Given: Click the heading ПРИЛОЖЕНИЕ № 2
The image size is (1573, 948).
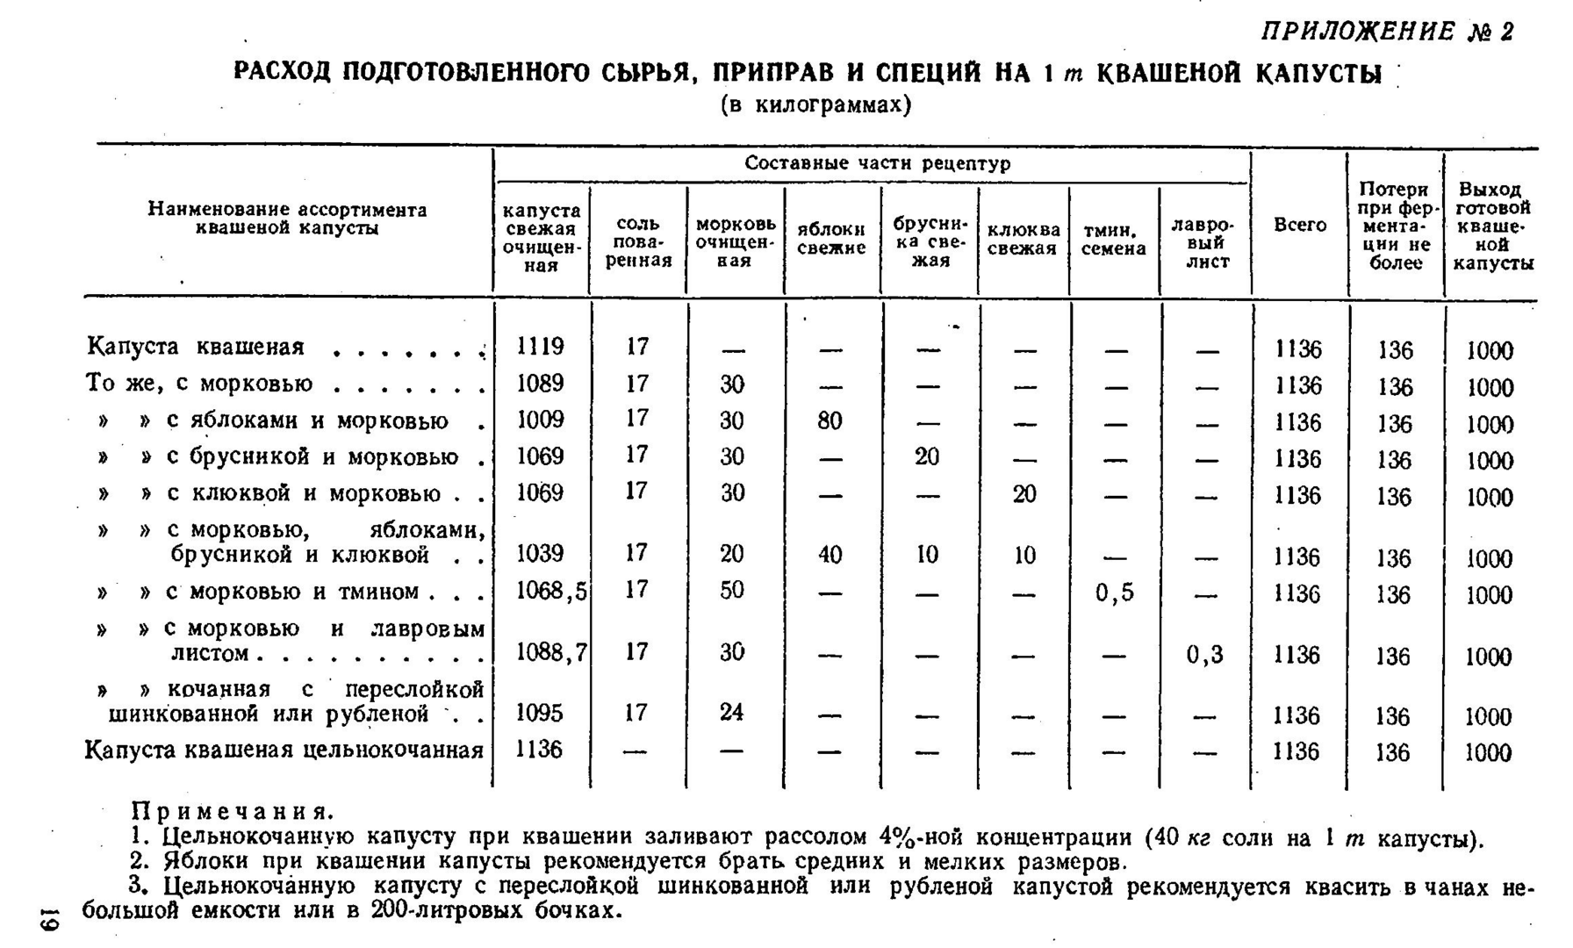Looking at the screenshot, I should pos(1387,32).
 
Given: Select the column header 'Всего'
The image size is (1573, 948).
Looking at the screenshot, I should pos(1300,225).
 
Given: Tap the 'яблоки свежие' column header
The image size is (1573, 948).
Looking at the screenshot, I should pos(830,238).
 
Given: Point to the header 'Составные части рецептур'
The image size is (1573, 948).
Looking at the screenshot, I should pos(877,163).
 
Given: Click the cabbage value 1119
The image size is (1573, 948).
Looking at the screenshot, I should pos(540,347).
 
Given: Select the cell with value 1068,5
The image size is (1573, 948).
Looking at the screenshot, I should pos(550,591).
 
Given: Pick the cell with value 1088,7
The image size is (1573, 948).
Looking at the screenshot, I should pos(550,652).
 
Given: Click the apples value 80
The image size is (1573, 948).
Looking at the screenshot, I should pos(830,420).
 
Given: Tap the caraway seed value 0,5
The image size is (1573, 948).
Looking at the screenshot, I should pos(1115,593).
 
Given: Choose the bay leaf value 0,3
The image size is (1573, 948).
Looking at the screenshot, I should pos(1204,655).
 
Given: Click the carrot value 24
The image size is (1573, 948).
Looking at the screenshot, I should pos(731,712).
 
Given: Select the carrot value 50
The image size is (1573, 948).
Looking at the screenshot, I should pos(731,590).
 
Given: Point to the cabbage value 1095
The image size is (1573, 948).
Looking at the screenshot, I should pos(539,713).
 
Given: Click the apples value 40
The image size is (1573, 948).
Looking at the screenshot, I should pos(830,555).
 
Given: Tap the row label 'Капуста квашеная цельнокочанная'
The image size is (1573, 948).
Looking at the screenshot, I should pos(284,750).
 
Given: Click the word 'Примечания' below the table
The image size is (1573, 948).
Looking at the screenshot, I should pos(232,811).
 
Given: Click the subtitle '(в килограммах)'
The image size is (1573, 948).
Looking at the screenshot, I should pos(815,105).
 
